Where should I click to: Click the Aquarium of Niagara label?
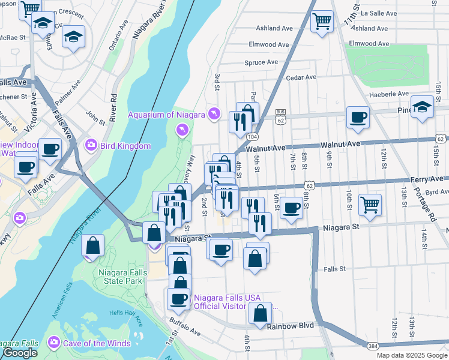coord(166,115)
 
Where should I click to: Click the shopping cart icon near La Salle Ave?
coord(322,22)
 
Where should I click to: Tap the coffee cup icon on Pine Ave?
coord(358,117)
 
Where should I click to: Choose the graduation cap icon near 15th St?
coord(423,107)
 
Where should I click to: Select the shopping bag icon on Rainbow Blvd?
coord(259,313)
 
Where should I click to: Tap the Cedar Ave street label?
coord(301,77)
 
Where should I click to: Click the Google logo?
coord(20,353)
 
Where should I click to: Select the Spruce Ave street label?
coord(261,62)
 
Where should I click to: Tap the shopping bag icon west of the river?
coord(92,245)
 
